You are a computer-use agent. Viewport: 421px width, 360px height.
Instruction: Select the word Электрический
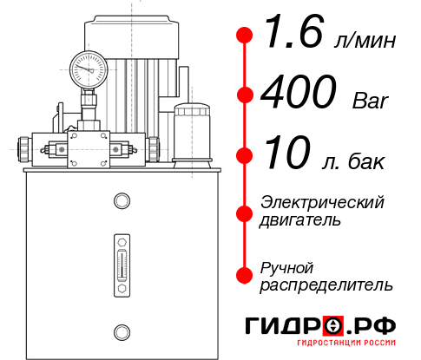tap(322, 202)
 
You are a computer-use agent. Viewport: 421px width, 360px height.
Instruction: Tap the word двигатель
tap(300, 220)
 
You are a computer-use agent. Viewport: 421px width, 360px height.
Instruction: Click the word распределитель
tap(326, 285)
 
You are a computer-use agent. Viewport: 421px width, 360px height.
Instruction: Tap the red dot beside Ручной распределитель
tap(244, 275)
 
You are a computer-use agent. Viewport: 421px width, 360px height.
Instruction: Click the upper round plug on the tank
tap(121, 201)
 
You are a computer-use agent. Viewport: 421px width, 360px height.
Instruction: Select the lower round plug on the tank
tap(121, 330)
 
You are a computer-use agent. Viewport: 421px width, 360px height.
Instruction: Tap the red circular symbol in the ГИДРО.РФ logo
tap(333, 326)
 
